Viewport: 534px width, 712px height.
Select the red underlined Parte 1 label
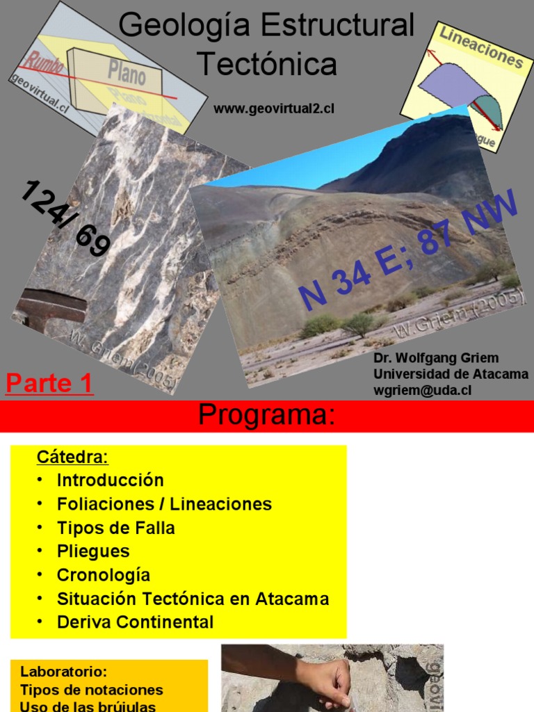(x=49, y=384)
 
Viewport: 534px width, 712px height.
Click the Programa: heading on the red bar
(x=267, y=415)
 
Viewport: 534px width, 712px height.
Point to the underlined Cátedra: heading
(x=72, y=458)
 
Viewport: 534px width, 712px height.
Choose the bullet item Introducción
(x=110, y=480)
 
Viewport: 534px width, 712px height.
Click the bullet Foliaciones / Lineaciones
(x=164, y=504)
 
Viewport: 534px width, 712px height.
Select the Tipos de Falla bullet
(x=115, y=528)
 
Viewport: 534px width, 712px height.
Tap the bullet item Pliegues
(x=93, y=551)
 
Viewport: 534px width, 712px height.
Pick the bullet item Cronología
(x=103, y=575)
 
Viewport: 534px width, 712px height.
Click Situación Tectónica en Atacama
(x=193, y=599)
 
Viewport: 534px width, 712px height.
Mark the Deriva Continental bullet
(x=135, y=622)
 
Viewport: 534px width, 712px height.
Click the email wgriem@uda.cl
(x=422, y=391)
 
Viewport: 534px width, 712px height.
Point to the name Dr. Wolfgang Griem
(x=436, y=358)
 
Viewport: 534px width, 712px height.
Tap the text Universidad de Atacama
(x=451, y=375)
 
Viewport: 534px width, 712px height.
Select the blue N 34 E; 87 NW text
(x=409, y=252)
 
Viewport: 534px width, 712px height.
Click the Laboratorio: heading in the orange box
(x=64, y=672)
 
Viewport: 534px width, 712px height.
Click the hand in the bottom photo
(x=327, y=681)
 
